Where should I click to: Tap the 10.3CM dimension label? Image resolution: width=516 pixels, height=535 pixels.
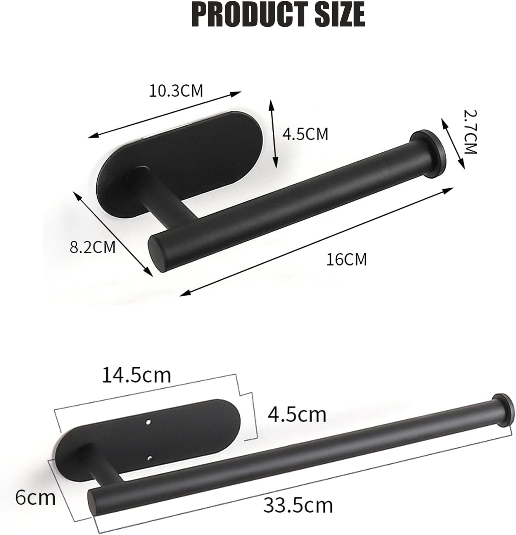point(176,91)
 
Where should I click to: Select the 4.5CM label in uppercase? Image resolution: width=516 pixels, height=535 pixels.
point(305,134)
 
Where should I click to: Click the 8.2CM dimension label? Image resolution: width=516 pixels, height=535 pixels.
point(92,247)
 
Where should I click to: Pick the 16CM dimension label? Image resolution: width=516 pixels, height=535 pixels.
point(346,259)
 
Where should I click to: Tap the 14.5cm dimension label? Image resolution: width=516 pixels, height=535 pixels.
point(137,375)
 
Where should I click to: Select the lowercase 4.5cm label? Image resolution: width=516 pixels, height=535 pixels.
point(297,414)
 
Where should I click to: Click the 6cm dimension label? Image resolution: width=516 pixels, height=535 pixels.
point(35,498)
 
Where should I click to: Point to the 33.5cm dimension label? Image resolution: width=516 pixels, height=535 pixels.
point(298,505)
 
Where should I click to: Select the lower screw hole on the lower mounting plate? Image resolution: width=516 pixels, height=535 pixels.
point(150,458)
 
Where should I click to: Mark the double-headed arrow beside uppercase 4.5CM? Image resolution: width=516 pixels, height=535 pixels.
point(273,134)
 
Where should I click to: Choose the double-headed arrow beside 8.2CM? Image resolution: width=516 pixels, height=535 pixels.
point(112,234)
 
